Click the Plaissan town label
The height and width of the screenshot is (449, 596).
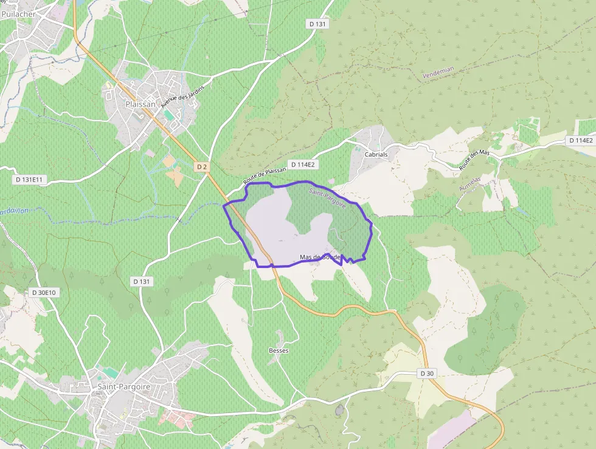point(140,104)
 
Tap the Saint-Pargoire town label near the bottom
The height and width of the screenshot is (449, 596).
point(124,387)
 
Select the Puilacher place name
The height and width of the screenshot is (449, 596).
point(18,13)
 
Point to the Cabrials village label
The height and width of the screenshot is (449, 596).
point(376,155)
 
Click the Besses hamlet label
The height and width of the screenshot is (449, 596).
point(279,351)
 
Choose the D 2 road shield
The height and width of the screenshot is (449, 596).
point(203,166)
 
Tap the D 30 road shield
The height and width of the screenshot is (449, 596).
point(428,373)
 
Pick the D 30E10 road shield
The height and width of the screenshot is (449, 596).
point(44,292)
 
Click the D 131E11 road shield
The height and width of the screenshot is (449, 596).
point(30,180)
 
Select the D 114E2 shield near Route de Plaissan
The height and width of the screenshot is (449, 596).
point(305,164)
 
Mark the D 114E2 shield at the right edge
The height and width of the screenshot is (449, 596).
point(580,141)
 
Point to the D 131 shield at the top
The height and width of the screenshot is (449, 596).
point(317,24)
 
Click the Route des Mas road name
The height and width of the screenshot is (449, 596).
point(475,160)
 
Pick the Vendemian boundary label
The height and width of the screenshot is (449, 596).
point(438,74)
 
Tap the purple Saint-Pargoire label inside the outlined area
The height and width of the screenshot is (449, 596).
point(327,199)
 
